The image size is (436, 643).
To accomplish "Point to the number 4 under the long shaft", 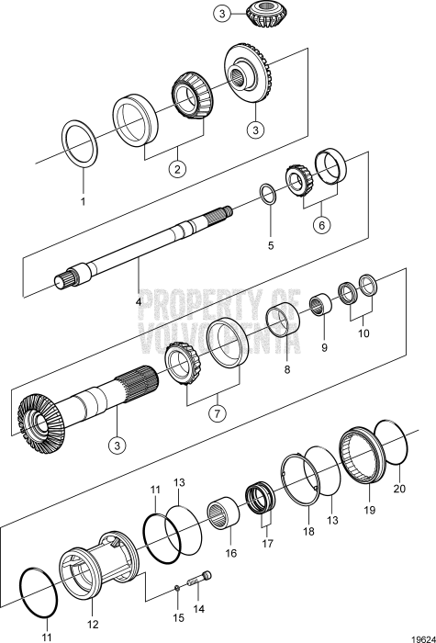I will point(140,300).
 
